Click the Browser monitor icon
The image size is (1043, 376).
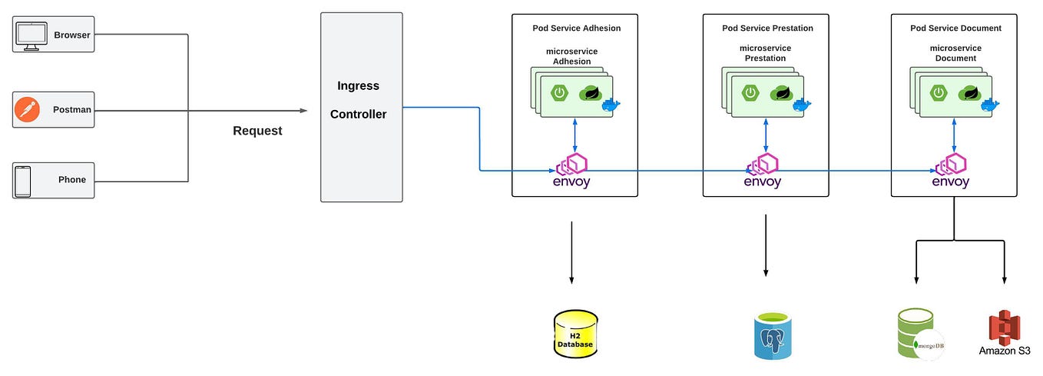pos(31,35)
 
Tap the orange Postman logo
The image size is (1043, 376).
pos(26,110)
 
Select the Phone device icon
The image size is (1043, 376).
pos(24,181)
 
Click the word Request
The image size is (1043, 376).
pos(257,131)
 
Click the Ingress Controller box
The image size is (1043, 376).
pos(361,107)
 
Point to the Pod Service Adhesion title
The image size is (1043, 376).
pos(576,28)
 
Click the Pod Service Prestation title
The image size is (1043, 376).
pos(767,28)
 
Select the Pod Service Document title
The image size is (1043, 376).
pos(955,28)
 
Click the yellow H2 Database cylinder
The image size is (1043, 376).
pos(575,334)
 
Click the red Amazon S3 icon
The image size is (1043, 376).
pos(1003,327)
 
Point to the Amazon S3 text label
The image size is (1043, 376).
pos(1005,351)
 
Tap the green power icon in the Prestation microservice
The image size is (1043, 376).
pos(749,93)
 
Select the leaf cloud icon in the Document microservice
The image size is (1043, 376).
pos(970,93)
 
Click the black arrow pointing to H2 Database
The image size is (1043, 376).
pos(571,254)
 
